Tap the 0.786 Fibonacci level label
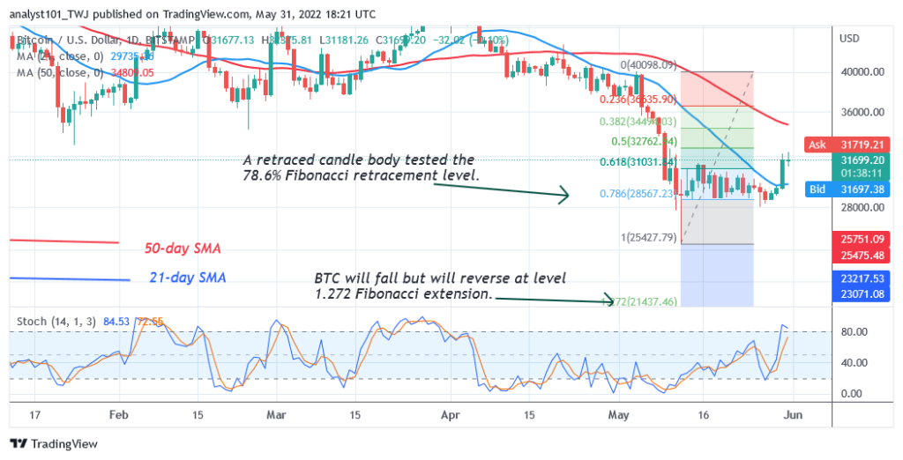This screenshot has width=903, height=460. (628, 193)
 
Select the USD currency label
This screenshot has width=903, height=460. (849, 39)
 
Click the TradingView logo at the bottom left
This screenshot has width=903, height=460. (54, 444)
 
